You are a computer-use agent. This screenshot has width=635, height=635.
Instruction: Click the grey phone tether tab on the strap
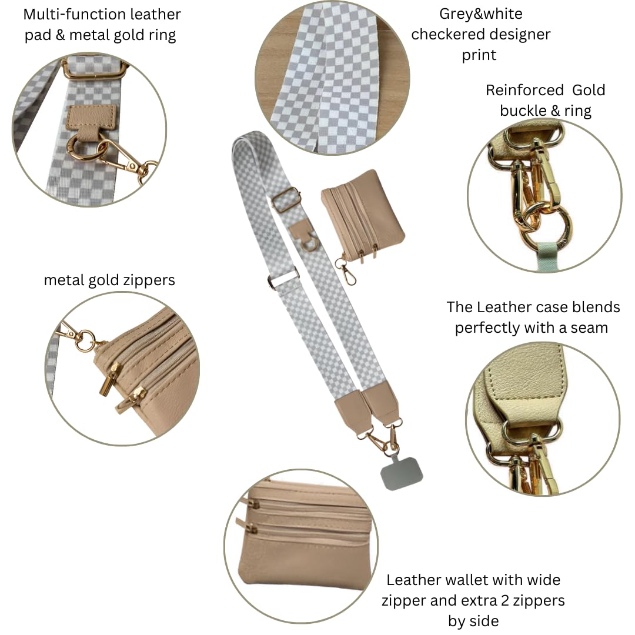coord(402,473)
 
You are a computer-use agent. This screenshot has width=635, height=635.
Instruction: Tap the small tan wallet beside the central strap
coord(363,215)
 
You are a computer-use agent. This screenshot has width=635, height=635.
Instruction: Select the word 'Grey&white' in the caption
coord(481,14)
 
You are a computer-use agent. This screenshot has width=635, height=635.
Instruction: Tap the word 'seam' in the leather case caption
coord(589,327)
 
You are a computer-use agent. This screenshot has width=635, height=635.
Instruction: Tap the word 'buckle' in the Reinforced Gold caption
coord(523,111)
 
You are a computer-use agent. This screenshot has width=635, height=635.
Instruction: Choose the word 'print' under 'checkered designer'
coord(479,55)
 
